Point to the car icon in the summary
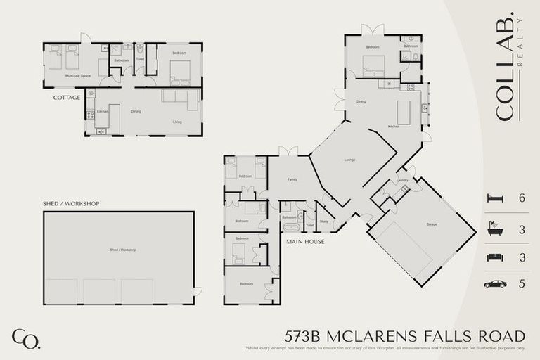pos(495,284)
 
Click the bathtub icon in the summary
pos(495,229)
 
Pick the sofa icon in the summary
pos(495,257)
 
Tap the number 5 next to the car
pos(522,284)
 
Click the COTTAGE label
pos(67,98)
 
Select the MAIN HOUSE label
pos(304,242)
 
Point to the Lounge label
pos(349,160)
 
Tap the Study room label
pos(323,221)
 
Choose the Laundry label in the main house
pos(402,181)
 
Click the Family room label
pos(292,180)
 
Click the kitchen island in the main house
pos(403,112)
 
